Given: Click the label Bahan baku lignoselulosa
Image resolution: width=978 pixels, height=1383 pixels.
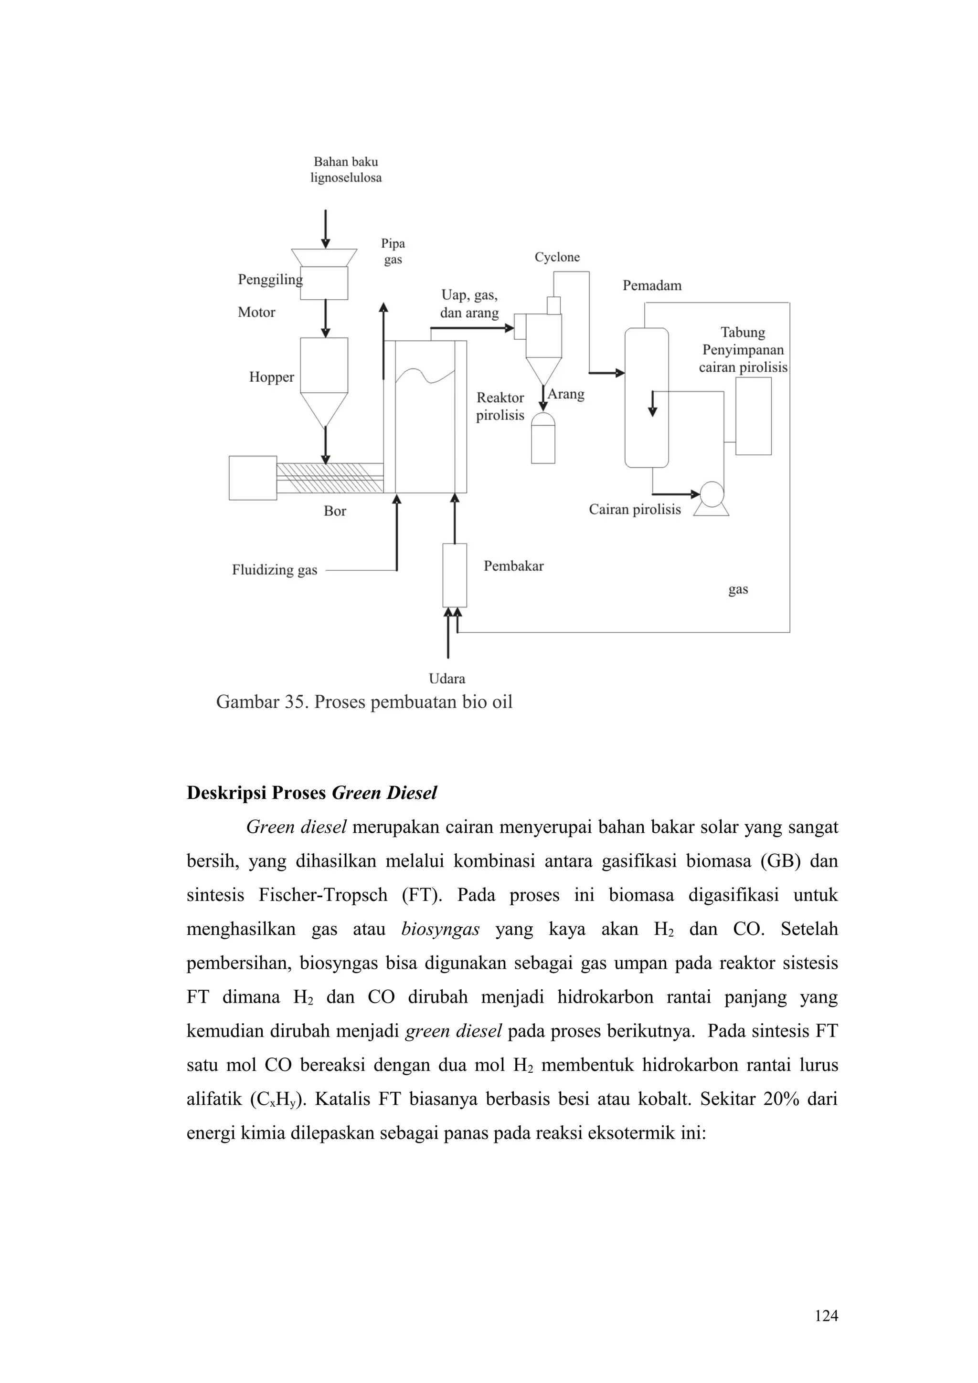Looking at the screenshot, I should [x=346, y=169].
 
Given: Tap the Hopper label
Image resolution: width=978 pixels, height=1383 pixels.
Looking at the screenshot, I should [x=271, y=377].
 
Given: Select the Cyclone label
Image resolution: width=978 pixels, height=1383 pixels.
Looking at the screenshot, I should [x=557, y=257].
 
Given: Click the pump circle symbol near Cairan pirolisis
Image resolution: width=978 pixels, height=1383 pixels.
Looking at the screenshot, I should [x=712, y=493].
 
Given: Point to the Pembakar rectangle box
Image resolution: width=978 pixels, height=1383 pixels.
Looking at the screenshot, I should [x=454, y=575].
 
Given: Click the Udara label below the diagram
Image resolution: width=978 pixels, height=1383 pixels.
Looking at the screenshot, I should [x=446, y=679].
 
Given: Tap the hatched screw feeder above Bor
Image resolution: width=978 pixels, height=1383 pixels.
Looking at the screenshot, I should [x=330, y=477].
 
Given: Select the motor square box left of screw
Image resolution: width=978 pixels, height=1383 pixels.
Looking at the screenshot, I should [x=253, y=478].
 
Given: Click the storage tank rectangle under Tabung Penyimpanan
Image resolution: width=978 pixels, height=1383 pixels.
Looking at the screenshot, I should [x=753, y=416].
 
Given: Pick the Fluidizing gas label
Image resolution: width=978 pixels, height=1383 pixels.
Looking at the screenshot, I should [x=274, y=570].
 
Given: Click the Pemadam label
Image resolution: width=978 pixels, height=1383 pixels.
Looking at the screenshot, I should [x=652, y=285].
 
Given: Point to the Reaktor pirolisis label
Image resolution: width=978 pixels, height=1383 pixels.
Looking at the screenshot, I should [x=500, y=407].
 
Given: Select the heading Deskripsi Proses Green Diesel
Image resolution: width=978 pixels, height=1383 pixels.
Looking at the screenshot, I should [x=311, y=793].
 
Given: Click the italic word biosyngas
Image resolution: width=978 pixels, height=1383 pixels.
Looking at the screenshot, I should [x=440, y=930].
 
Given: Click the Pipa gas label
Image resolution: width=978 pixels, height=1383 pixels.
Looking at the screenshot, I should [x=393, y=251].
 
